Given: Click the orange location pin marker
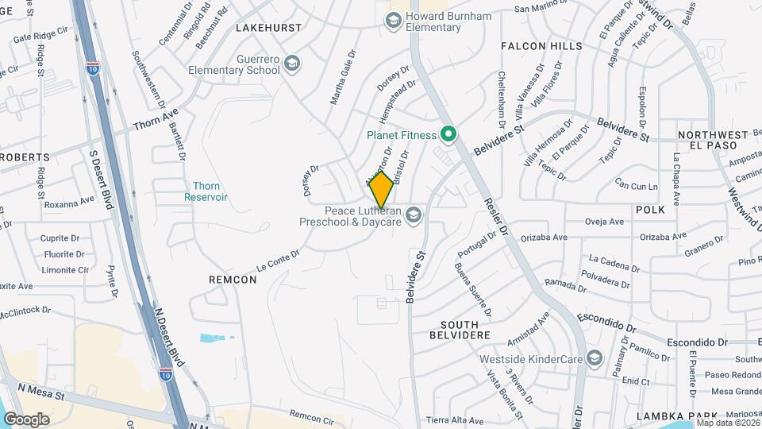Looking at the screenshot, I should [382, 189].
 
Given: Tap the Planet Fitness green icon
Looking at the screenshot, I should [448, 134].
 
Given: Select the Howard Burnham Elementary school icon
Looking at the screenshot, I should [392, 21].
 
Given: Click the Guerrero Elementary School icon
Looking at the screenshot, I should [292, 64].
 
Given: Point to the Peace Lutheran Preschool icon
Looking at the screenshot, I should [413, 215].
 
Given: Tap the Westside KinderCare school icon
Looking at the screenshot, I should [594, 359].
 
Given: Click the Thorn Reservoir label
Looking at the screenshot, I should [206, 191].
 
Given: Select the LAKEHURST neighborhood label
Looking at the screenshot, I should [269, 28].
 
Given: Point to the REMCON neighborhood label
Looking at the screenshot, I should [232, 280].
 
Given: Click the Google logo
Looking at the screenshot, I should [26, 419].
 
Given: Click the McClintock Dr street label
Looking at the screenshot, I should [26, 312].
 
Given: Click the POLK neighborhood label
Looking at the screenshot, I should [649, 208].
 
